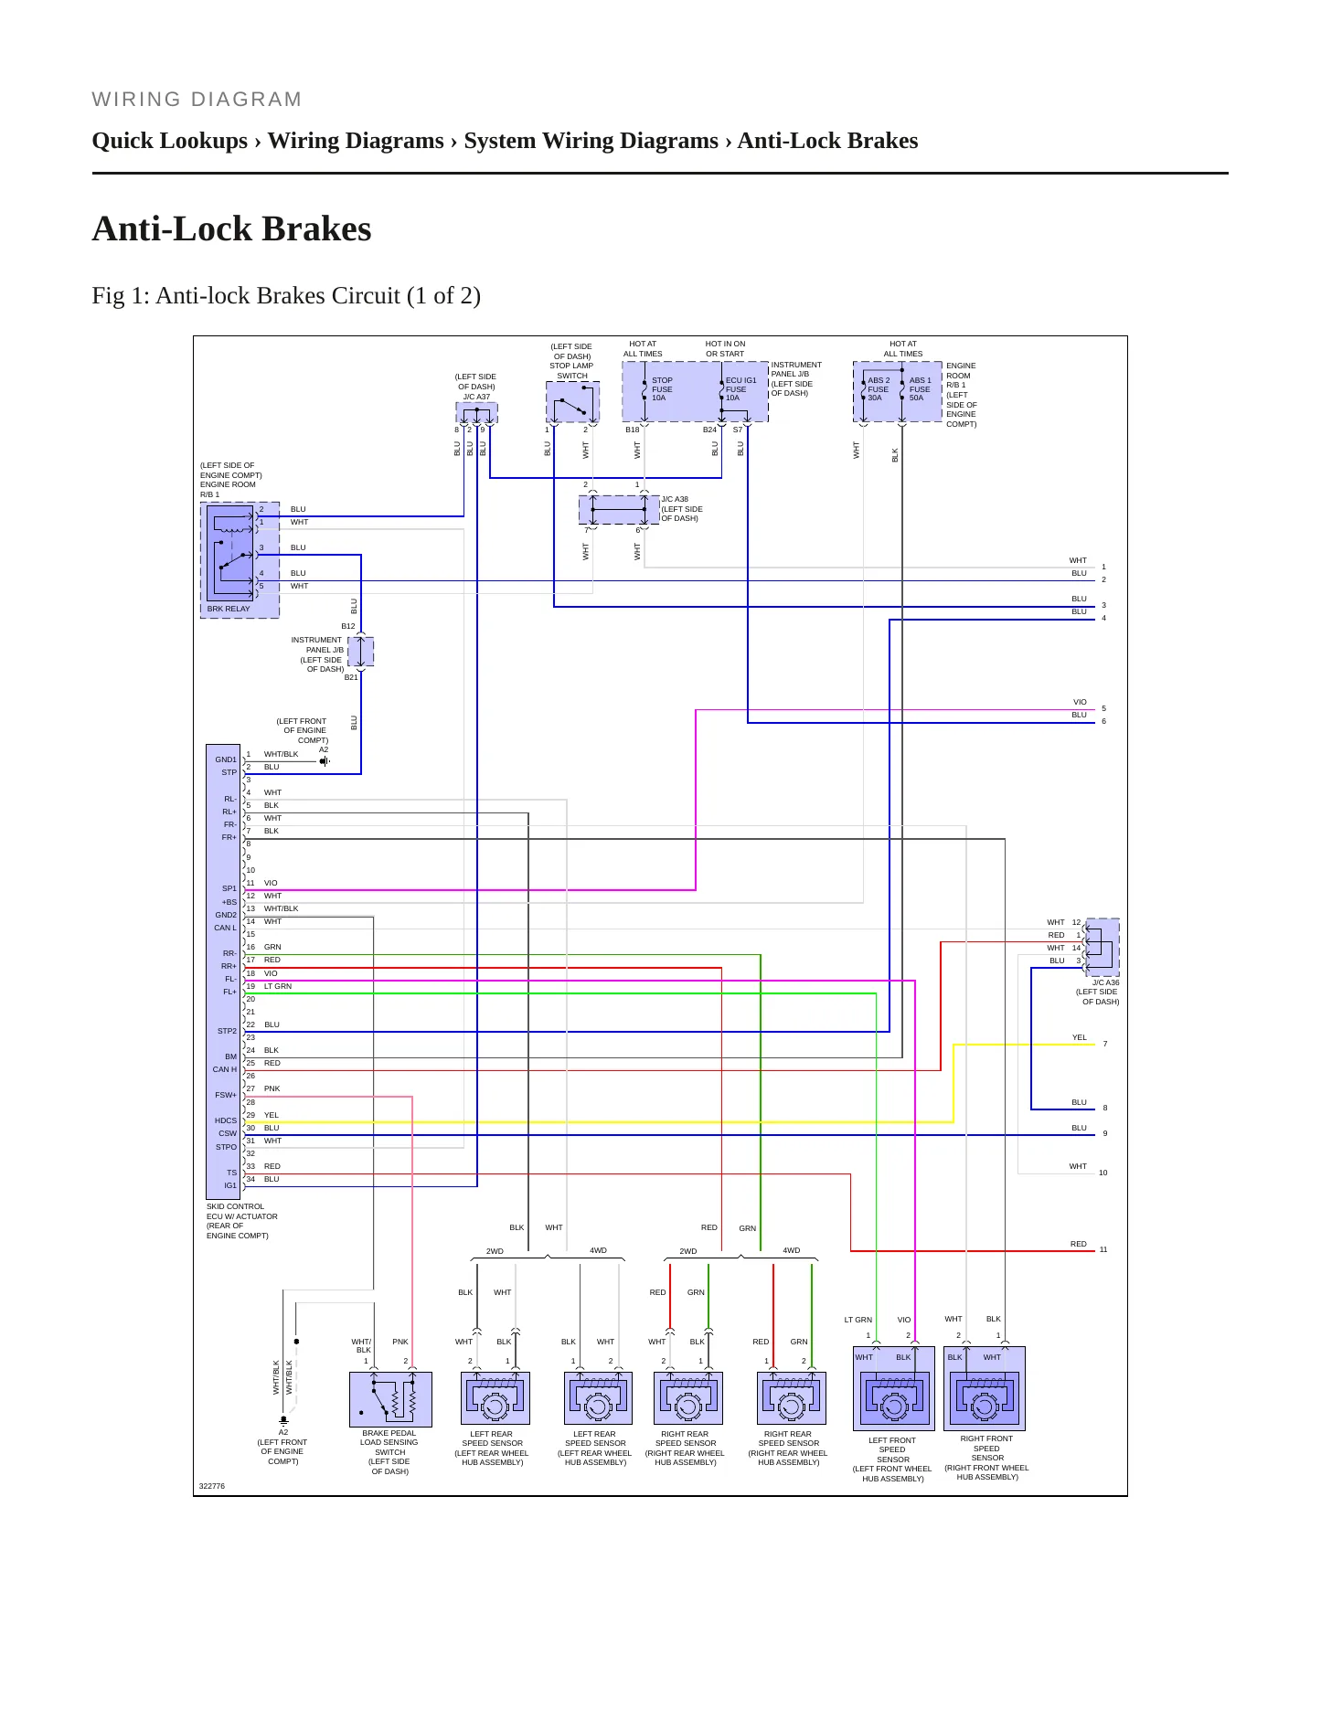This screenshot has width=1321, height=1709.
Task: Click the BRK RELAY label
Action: pos(229,609)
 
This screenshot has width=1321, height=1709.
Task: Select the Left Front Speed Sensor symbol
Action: pos(893,1388)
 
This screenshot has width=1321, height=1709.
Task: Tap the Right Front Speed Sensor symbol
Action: pos(985,1388)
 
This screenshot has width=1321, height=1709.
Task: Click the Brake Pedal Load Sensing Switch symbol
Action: pos(390,1399)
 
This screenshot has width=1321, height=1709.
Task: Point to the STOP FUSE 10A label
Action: pos(662,389)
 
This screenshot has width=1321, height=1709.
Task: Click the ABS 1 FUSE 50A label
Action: pos(920,389)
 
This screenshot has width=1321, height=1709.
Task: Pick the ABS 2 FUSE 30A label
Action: pos(879,389)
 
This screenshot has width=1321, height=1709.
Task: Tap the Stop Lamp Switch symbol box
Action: pos(572,402)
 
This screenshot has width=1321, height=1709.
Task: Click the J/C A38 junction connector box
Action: pos(619,510)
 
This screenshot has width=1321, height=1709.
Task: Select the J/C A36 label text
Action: pos(1105,982)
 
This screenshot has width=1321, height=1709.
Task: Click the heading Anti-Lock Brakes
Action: pos(231,228)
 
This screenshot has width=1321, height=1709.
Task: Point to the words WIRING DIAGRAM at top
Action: pos(197,100)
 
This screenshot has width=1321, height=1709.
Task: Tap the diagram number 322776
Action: pos(212,1486)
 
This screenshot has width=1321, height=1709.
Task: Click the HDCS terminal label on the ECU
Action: pos(226,1120)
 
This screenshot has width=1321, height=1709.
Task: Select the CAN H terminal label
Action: pos(225,1069)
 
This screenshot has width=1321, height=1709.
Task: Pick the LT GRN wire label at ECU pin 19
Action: pos(278,986)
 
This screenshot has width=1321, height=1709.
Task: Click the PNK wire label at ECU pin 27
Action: pos(272,1088)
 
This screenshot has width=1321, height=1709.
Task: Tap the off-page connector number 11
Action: pos(1103,1249)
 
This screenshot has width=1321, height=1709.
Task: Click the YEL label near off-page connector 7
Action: pos(1080,1037)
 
